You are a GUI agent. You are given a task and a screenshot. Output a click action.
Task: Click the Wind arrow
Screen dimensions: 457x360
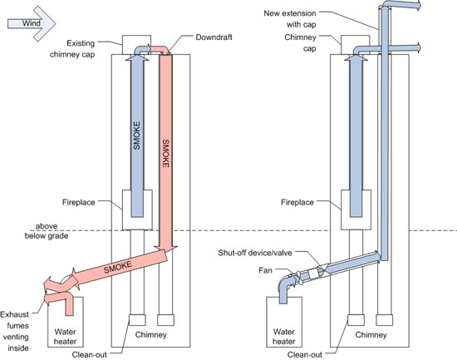point(32,23)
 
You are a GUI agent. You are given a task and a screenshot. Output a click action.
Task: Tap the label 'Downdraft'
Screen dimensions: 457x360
point(214,37)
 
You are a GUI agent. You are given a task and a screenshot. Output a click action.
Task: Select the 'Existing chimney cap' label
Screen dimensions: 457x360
point(72,49)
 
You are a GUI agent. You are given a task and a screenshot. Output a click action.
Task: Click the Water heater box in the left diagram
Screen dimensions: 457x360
point(66,322)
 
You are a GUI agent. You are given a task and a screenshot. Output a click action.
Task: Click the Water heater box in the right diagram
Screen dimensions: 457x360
point(284,322)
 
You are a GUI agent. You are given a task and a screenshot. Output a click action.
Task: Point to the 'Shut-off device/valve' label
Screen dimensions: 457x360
point(255,253)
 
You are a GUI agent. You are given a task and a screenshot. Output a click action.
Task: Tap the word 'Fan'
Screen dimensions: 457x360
point(265,270)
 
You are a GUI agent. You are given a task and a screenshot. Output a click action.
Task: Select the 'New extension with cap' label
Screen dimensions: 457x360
point(290,18)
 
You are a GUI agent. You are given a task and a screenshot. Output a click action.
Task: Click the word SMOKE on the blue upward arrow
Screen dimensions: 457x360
point(136,136)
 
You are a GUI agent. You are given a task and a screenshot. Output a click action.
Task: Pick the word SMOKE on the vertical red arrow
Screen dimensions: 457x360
point(165,154)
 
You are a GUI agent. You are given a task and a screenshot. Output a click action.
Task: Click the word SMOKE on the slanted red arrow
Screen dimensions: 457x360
point(118,267)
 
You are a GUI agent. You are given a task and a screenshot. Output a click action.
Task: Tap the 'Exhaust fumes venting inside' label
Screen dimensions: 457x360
point(15,331)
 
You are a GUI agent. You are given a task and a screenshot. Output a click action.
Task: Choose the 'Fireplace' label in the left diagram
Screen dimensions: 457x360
point(78,202)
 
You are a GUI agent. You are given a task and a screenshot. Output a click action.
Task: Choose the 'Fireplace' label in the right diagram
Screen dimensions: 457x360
point(297,202)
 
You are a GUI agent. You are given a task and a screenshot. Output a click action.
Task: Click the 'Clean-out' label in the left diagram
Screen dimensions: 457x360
point(90,355)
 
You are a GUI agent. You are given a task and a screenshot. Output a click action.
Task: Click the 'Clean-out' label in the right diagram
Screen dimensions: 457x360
point(305,355)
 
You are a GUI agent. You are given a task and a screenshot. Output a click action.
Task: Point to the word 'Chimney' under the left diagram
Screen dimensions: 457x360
point(151,334)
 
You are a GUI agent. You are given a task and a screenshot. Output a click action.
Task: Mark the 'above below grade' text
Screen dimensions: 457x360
point(47,231)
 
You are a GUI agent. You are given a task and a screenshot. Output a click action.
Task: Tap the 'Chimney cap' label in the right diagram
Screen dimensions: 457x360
point(301,43)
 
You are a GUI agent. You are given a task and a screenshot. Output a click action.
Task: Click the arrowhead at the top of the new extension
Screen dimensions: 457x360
point(418,6)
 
